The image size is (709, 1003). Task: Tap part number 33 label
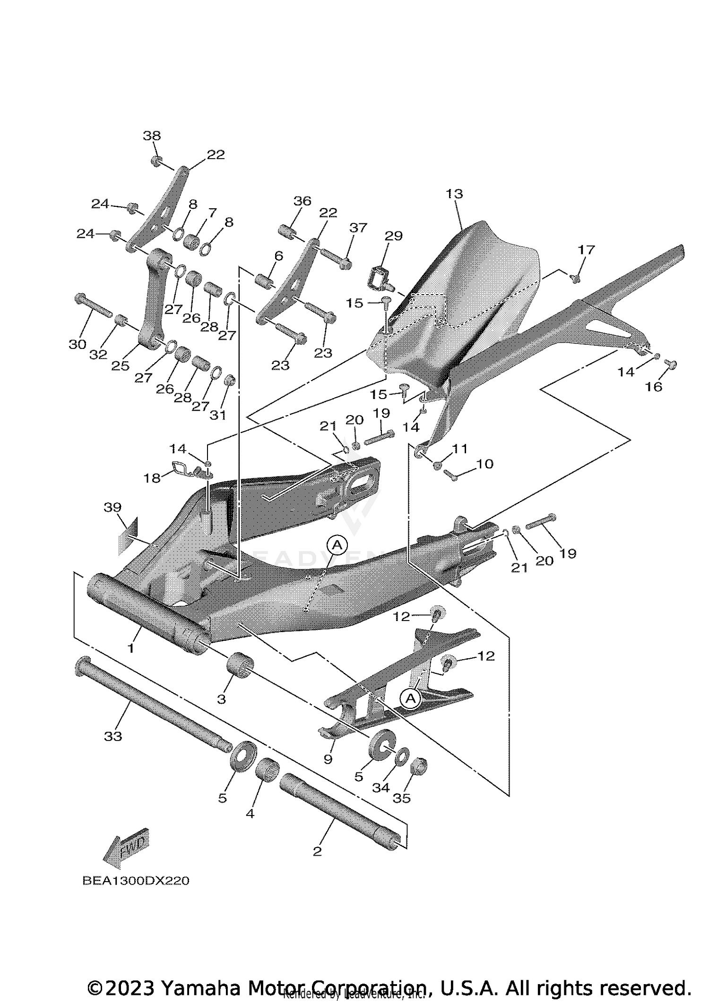pyautogui.click(x=113, y=736)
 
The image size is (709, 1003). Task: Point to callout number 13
pyautogui.click(x=454, y=194)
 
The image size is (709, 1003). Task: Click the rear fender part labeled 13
pyautogui.click(x=473, y=293)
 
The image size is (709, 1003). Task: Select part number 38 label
pyautogui.click(x=152, y=136)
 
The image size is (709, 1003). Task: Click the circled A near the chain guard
pyautogui.click(x=410, y=698)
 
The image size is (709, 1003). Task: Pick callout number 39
pyautogui.click(x=112, y=507)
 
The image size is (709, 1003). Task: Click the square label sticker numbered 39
pyautogui.click(x=128, y=536)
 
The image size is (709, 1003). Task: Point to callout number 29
pyautogui.click(x=393, y=236)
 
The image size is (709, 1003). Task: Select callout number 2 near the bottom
pyautogui.click(x=317, y=851)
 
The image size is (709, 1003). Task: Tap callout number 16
pyautogui.click(x=654, y=387)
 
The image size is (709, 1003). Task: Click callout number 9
pyautogui.click(x=328, y=759)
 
